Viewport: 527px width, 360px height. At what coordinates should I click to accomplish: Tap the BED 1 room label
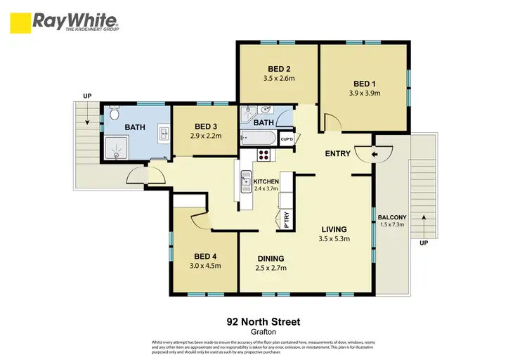pyautogui.click(x=363, y=81)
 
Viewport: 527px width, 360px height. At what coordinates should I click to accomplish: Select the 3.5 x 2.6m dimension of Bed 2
pyautogui.click(x=279, y=79)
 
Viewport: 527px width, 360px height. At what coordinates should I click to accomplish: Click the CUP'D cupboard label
pyautogui.click(x=286, y=139)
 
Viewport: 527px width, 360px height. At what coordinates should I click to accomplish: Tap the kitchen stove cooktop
pyautogui.click(x=265, y=155)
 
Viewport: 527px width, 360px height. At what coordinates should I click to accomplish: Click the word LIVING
pyautogui.click(x=334, y=229)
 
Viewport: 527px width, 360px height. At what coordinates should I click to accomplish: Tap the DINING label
pyautogui.click(x=270, y=258)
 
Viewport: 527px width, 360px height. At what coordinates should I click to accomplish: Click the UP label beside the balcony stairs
pyautogui.click(x=423, y=243)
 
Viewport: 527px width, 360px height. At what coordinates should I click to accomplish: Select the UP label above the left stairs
pyautogui.click(x=87, y=96)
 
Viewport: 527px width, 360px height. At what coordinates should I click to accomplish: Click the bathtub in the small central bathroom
pyautogui.click(x=255, y=138)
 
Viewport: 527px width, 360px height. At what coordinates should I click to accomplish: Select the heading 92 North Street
pyautogui.click(x=263, y=321)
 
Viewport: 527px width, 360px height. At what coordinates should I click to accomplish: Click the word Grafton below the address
pyautogui.click(x=263, y=333)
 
